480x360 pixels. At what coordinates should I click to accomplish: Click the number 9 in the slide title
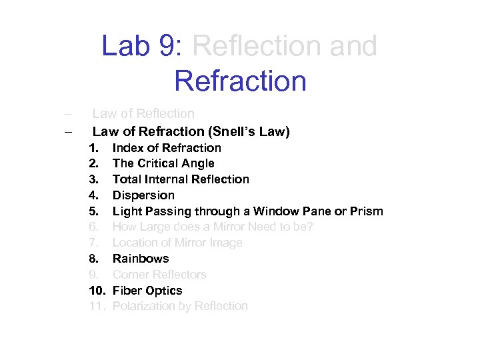tap(169, 47)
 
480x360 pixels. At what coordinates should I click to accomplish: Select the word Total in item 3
tap(127, 179)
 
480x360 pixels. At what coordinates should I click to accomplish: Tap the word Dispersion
tap(143, 195)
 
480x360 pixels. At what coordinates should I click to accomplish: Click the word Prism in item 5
tap(366, 211)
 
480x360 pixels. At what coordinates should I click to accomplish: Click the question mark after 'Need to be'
tap(310, 227)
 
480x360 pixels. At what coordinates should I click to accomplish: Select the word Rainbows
tap(141, 259)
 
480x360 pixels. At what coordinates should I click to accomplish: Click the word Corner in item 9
tap(131, 275)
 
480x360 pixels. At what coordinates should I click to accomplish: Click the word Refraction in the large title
tap(240, 81)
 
